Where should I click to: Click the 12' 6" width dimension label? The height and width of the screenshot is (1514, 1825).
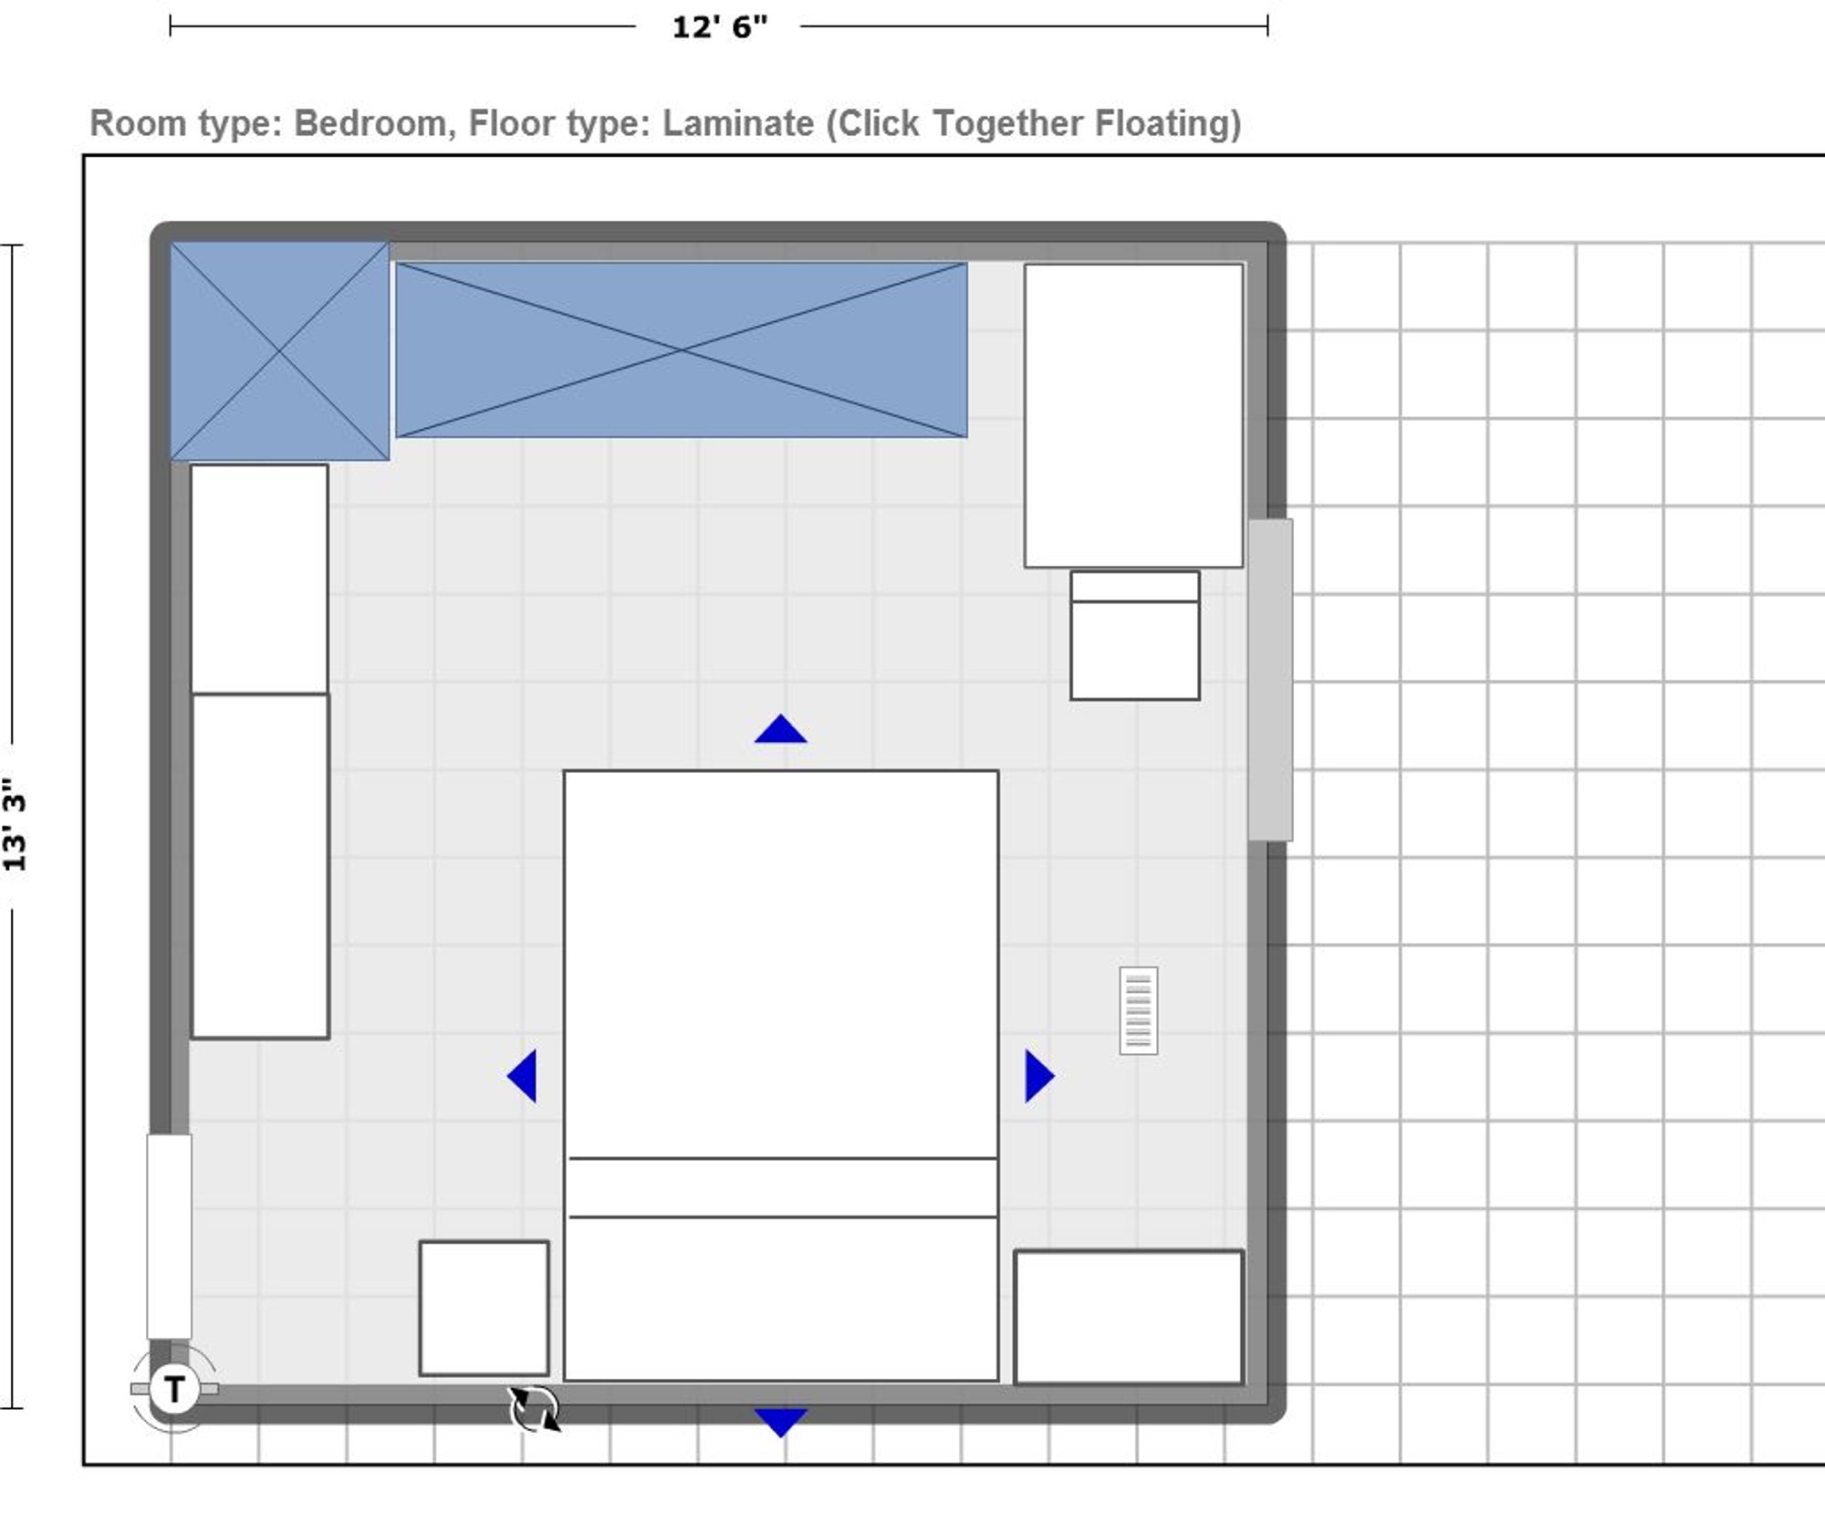point(720,27)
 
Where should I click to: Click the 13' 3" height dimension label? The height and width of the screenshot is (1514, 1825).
point(15,825)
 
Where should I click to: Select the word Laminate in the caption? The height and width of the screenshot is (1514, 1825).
point(737,123)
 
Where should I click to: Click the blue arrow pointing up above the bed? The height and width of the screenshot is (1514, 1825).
point(781,729)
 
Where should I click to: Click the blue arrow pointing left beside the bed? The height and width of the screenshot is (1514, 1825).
point(522,1076)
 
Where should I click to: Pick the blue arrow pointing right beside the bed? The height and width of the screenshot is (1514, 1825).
point(1039,1076)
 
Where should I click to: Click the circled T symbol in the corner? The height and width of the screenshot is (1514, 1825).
point(173,1389)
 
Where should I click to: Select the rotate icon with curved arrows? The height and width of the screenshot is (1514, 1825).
point(535,1409)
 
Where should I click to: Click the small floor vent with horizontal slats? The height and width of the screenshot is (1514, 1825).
point(1139,1011)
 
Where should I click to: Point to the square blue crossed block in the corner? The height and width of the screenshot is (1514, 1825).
point(279,351)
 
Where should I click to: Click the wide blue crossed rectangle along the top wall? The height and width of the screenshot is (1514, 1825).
point(681,350)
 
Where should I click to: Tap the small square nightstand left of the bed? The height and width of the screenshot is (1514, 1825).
point(484,1308)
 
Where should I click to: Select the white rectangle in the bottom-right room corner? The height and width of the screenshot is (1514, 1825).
point(1129,1317)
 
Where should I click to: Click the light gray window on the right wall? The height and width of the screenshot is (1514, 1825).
point(1270,680)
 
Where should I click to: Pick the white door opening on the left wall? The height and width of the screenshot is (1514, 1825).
point(169,1237)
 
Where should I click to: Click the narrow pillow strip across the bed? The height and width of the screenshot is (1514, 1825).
point(782,1187)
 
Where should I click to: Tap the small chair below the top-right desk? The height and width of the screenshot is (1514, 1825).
point(1135,635)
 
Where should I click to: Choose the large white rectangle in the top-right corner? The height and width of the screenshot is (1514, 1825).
point(1133,415)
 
